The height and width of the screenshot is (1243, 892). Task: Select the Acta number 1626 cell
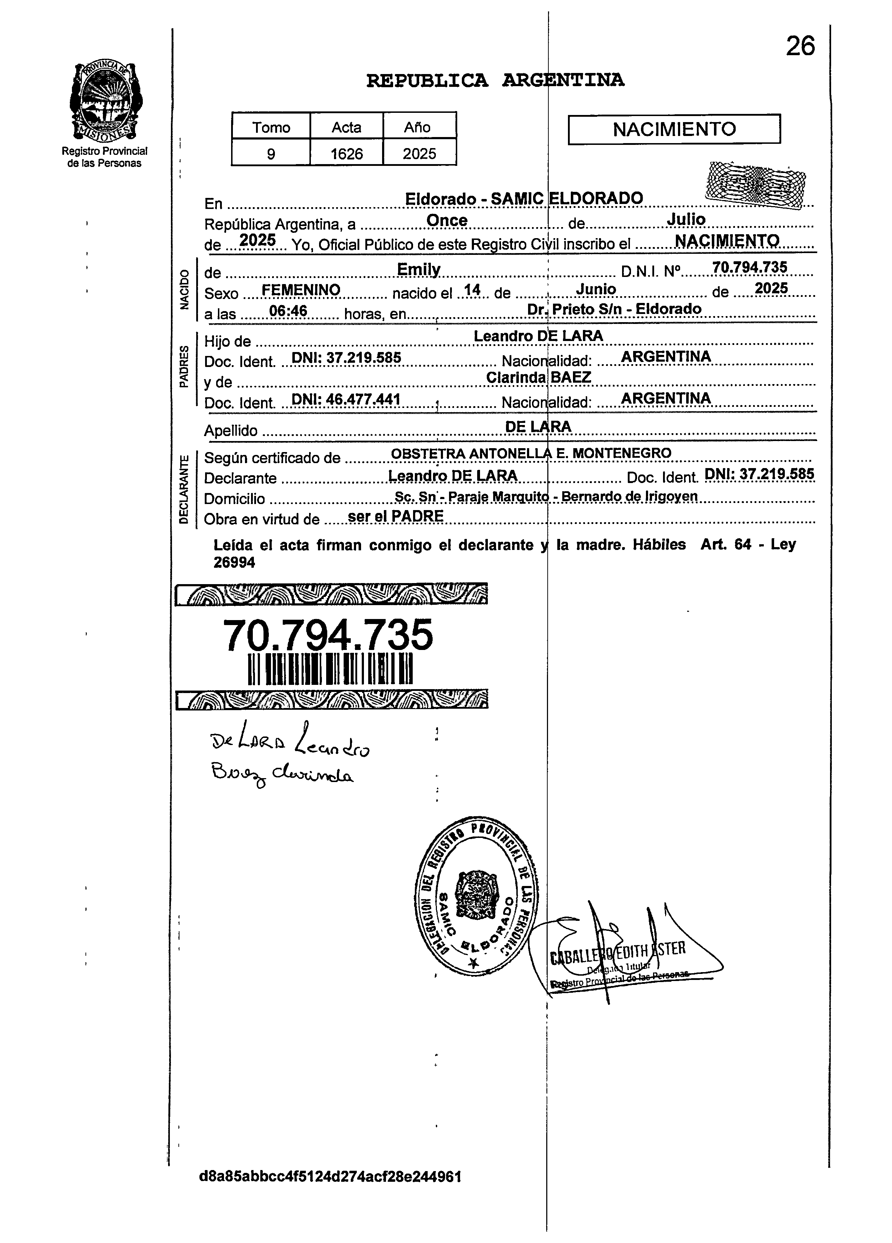[346, 153]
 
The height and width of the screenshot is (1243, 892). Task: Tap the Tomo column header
[271, 127]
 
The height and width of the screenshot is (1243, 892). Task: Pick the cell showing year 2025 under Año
[419, 153]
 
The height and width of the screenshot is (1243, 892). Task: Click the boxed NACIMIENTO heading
[674, 129]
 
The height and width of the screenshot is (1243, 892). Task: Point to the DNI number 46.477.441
[346, 399]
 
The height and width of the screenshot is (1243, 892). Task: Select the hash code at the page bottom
[330, 1177]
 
